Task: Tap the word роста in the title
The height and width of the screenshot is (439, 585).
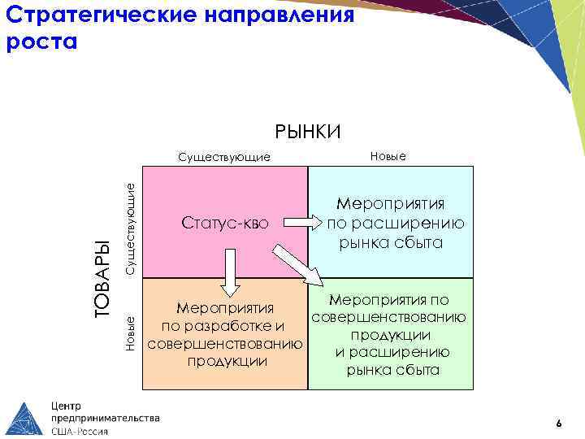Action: pyautogui.click(x=41, y=42)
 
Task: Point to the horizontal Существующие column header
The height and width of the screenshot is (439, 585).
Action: pyautogui.click(x=224, y=156)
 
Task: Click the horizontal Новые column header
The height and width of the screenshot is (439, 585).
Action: pyautogui.click(x=388, y=155)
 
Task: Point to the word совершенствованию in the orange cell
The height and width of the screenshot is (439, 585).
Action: pyautogui.click(x=224, y=344)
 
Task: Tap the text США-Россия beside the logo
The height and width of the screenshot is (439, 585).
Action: pyautogui.click(x=80, y=431)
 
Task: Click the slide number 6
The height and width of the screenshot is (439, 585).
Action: pyautogui.click(x=558, y=424)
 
